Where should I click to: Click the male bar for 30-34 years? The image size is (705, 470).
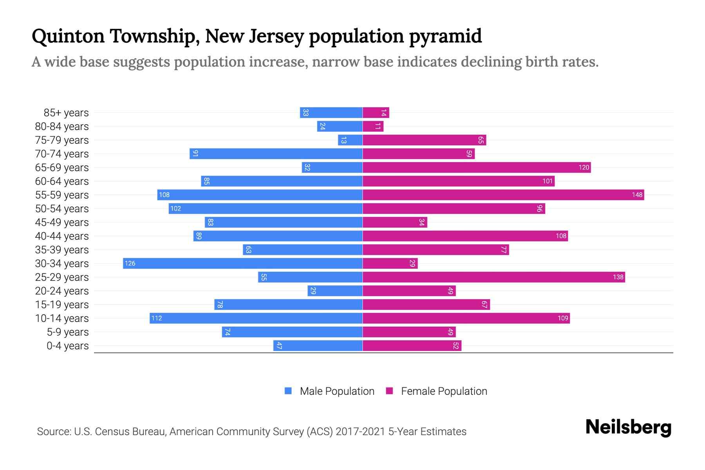tap(243, 263)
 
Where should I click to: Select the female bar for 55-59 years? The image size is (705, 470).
tap(503, 195)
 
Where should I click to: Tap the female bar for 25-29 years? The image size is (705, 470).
tap(493, 277)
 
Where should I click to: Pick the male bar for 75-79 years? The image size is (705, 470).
tap(350, 140)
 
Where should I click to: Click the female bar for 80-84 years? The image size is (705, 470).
tap(373, 126)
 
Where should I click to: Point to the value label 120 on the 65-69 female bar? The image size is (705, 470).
tap(584, 168)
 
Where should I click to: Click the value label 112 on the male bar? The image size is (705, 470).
tap(157, 318)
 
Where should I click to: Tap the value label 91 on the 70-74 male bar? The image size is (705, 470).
tap(195, 154)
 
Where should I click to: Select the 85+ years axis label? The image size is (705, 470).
tap(66, 113)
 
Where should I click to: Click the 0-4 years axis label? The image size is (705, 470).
tap(67, 346)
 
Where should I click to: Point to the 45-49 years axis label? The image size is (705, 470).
tap(62, 222)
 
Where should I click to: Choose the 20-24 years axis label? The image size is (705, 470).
tap(62, 291)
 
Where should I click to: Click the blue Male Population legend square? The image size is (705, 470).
tap(288, 391)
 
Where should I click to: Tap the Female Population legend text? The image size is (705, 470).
tap(444, 391)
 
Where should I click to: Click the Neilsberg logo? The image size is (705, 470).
tap(628, 427)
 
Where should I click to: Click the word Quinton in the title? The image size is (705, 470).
tap(68, 36)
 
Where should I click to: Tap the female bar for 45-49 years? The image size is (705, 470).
tap(395, 222)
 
